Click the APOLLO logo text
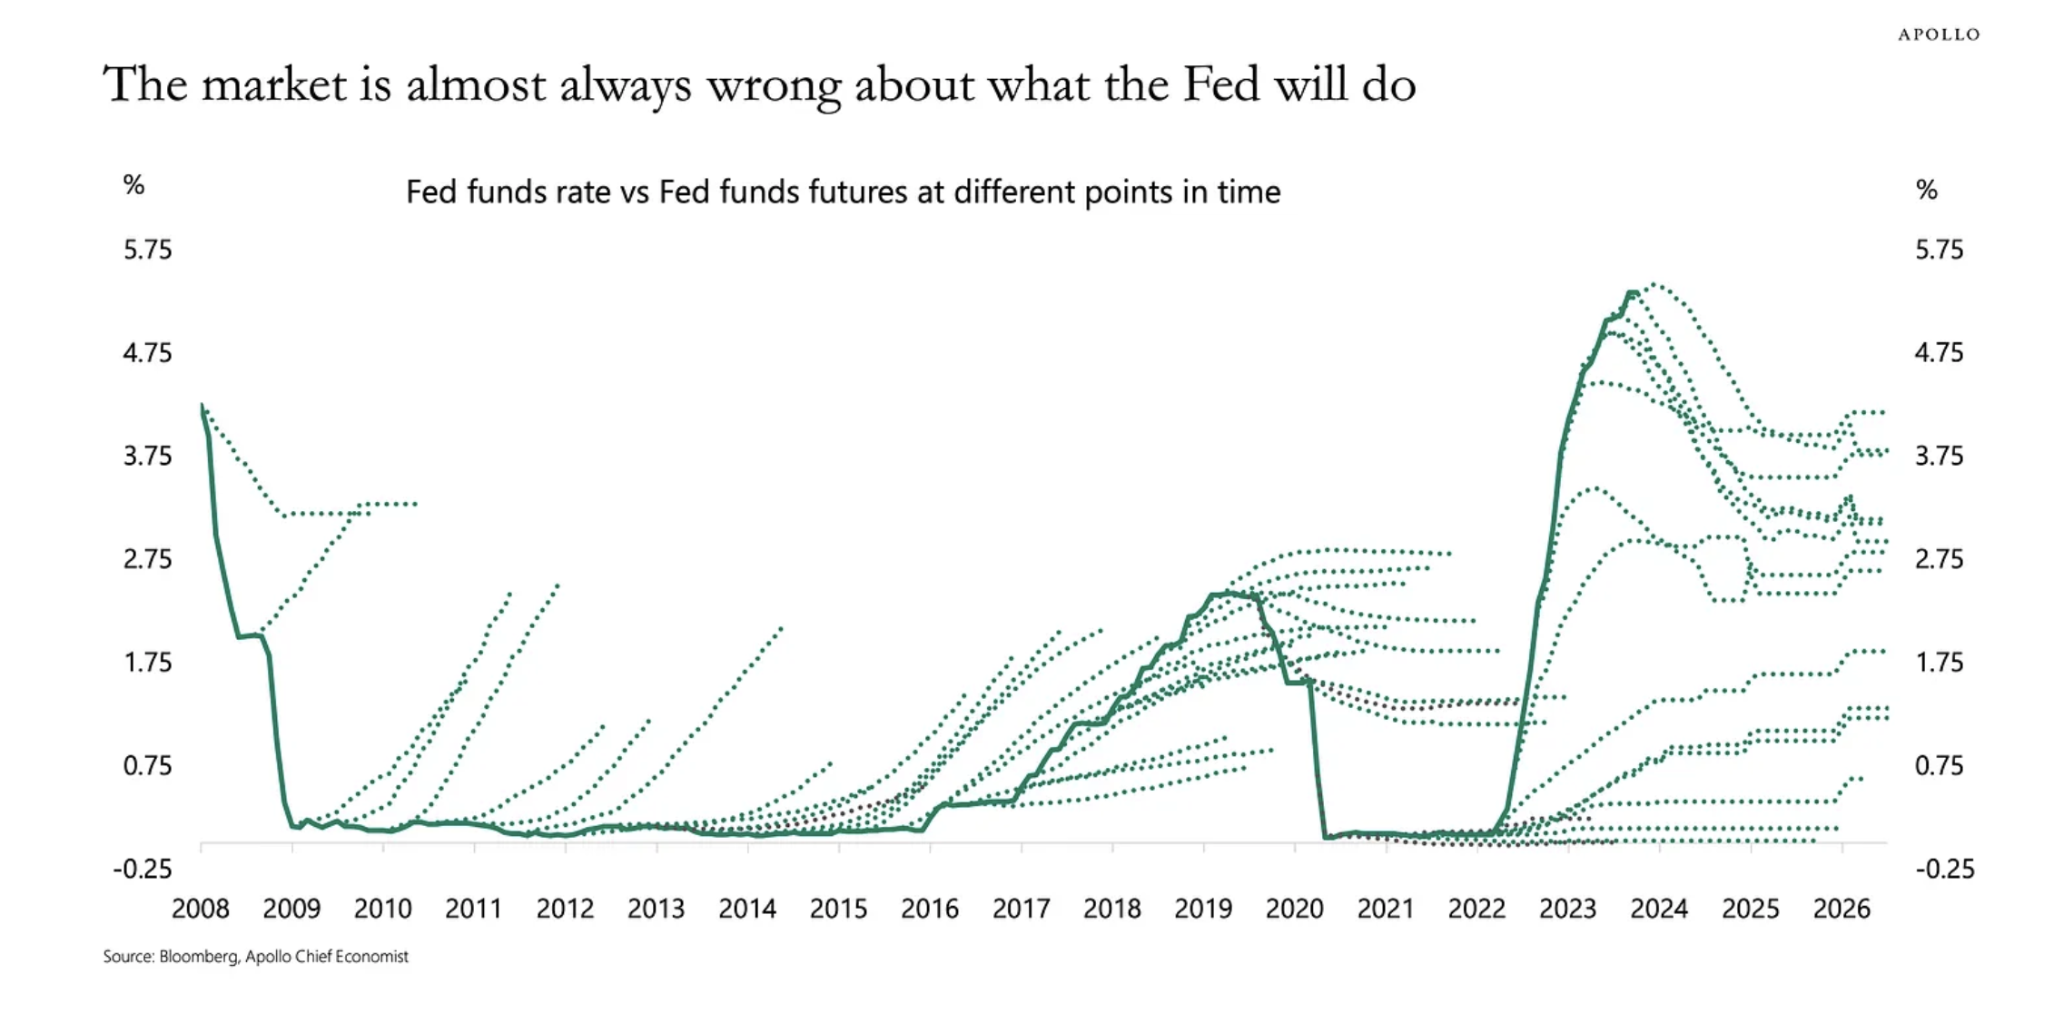(1939, 34)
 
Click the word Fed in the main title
(1220, 84)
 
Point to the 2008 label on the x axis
(200, 909)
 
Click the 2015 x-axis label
(838, 909)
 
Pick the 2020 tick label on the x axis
(1295, 909)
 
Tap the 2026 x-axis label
(1842, 909)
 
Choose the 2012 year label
(565, 909)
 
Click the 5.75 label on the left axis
(147, 250)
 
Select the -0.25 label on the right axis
(1945, 870)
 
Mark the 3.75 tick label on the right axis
(1939, 456)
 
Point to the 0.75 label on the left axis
(147, 766)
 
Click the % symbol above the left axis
(133, 185)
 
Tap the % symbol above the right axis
(1926, 190)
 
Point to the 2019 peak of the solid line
(1226, 594)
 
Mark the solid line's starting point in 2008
(201, 405)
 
